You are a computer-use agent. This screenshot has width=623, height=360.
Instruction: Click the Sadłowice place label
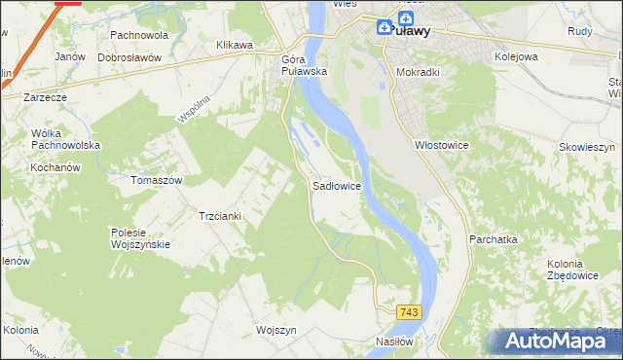[x=337, y=184]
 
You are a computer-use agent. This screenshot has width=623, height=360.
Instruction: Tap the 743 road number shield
[x=409, y=311]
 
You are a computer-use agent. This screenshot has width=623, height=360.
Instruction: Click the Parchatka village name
[x=494, y=238]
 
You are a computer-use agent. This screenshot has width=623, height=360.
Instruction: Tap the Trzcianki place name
[x=221, y=216]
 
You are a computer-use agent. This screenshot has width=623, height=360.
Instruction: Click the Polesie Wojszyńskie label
[x=141, y=238]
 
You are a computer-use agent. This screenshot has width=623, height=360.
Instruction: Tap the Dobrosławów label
[x=128, y=57]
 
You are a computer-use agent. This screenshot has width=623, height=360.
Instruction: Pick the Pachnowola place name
[x=139, y=35]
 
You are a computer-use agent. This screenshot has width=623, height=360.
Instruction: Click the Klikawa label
[x=234, y=45]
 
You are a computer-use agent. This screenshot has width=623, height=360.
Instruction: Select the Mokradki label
[x=420, y=72]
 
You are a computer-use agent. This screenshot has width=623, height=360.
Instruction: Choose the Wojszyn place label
[x=275, y=330]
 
